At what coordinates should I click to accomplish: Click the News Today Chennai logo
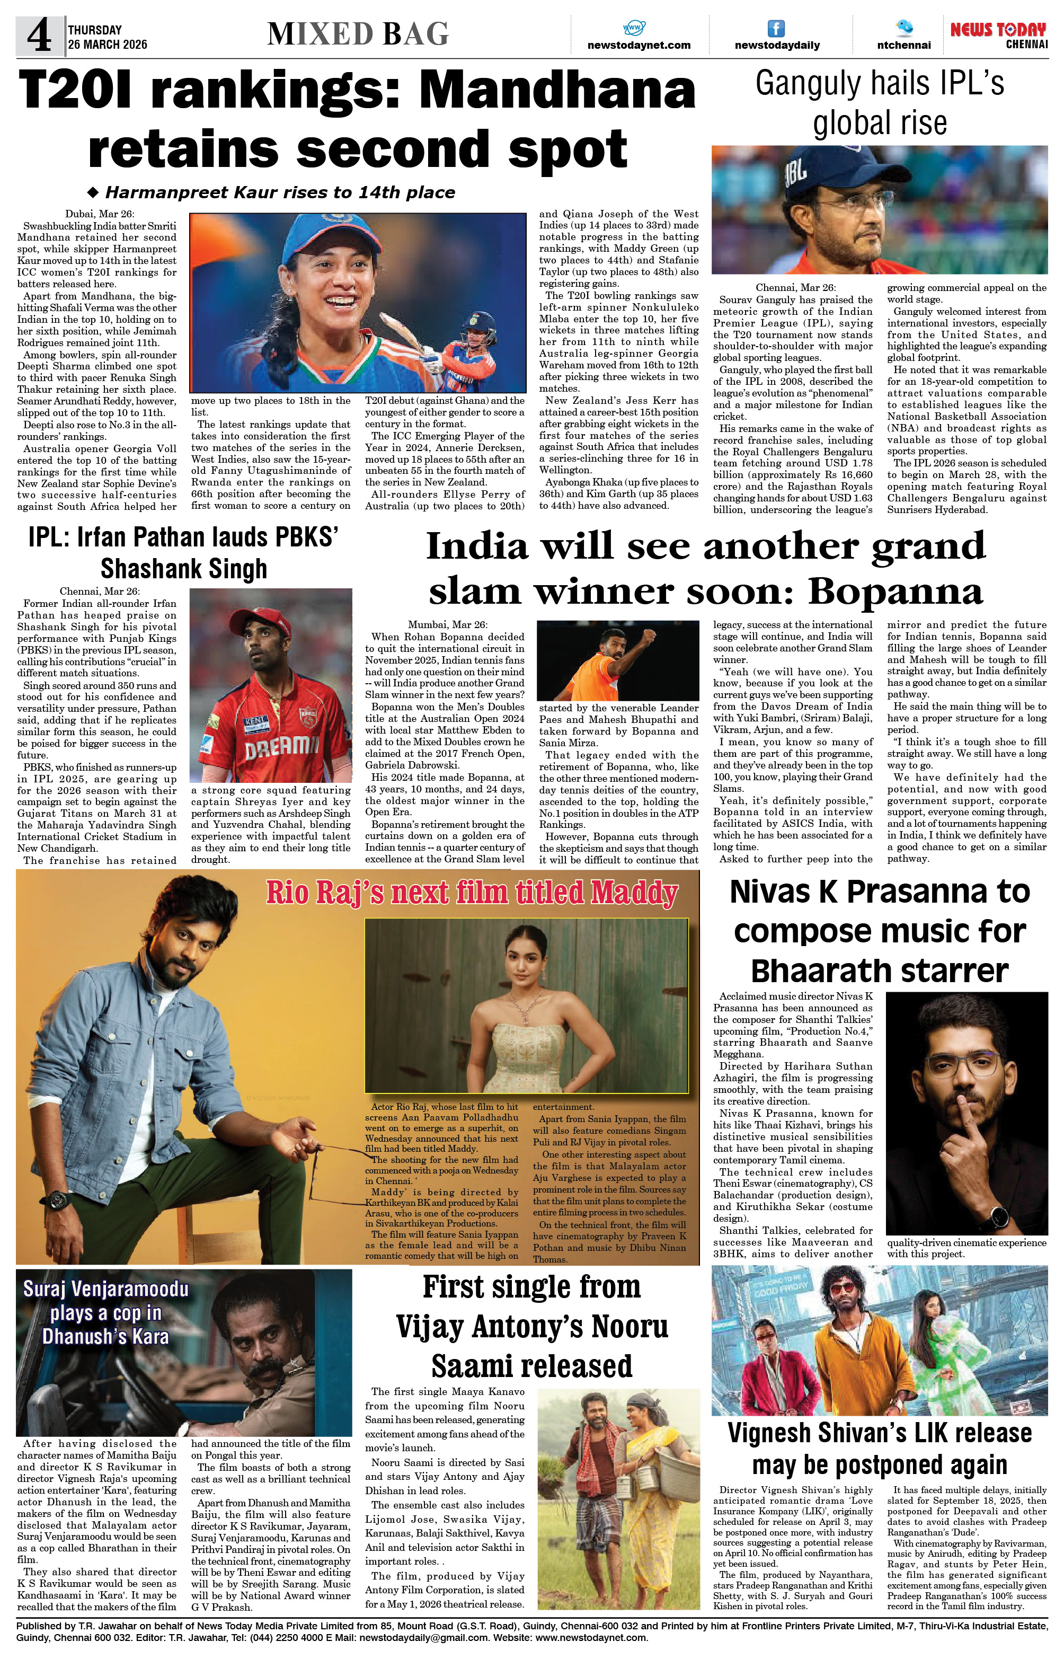click(998, 34)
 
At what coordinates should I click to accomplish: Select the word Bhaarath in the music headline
click(821, 971)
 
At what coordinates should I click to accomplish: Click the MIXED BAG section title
click(358, 34)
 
